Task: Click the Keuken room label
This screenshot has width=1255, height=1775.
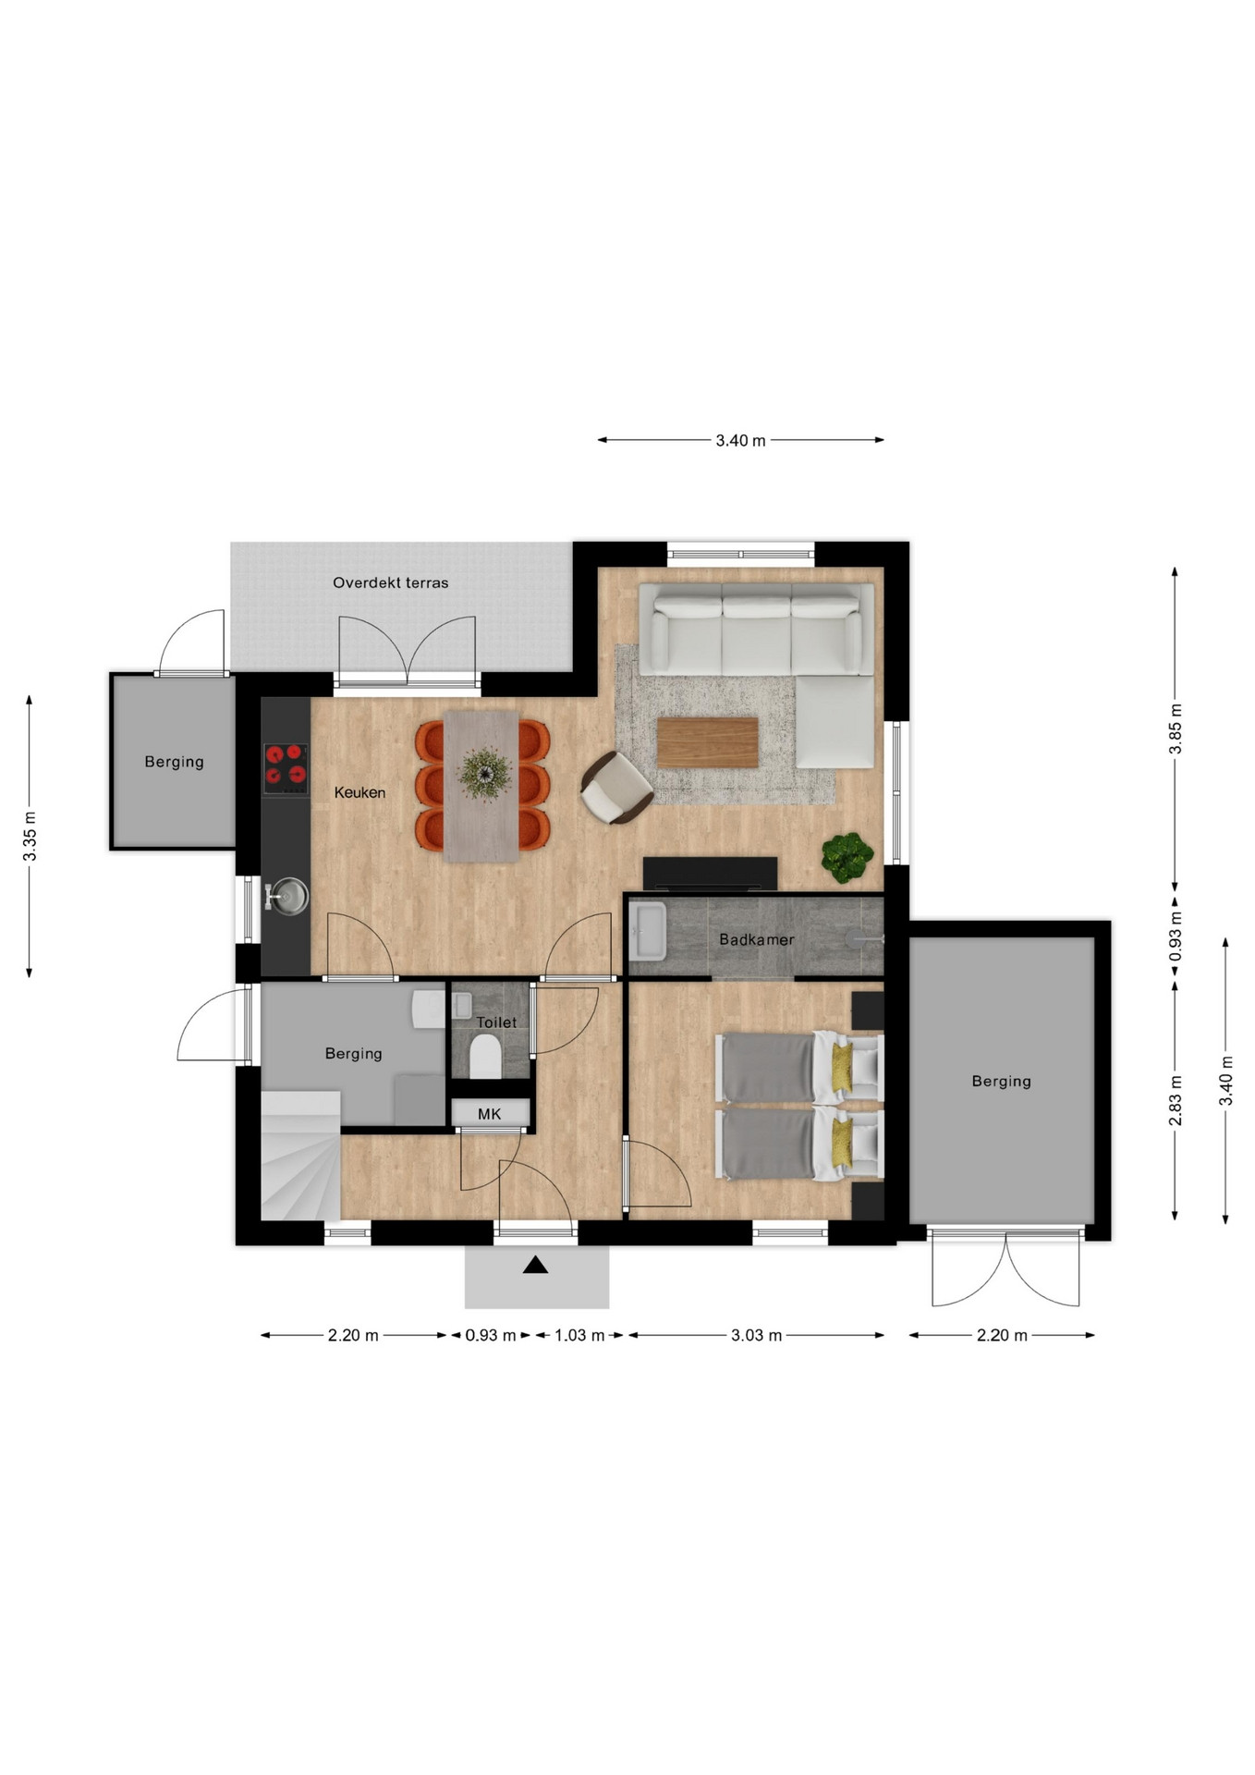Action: point(359,792)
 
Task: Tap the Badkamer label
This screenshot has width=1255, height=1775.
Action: point(757,939)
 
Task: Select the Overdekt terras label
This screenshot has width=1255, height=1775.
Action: point(391,582)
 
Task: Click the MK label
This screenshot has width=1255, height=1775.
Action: point(490,1114)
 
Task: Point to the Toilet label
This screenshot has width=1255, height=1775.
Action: point(496,1022)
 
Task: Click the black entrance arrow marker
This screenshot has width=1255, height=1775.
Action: point(535,1265)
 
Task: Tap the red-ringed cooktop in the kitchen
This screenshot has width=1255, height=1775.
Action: point(286,768)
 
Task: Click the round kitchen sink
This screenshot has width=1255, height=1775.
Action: point(289,897)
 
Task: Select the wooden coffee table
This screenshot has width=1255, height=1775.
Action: point(707,742)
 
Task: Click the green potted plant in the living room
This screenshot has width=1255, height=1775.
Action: point(847,857)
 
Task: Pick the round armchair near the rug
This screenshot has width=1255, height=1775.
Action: point(616,788)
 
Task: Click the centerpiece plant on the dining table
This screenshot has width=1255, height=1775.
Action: point(484,773)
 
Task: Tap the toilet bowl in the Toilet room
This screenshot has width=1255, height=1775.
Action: point(485,1056)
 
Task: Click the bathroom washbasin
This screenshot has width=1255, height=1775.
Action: point(648,931)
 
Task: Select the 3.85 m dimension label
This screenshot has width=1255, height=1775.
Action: point(1176,729)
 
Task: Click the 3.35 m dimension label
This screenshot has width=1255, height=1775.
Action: point(30,836)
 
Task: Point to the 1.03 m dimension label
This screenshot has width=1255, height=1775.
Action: point(579,1335)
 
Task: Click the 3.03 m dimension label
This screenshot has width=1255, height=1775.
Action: point(757,1335)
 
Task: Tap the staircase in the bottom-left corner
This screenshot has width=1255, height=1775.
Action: point(301,1156)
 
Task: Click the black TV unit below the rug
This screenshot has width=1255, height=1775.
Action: point(710,874)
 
